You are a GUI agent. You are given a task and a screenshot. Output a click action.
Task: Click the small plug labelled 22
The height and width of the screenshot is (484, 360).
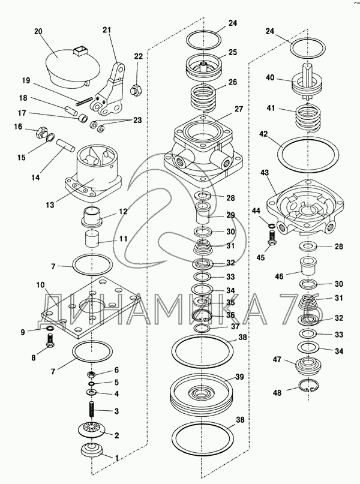[136, 91]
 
